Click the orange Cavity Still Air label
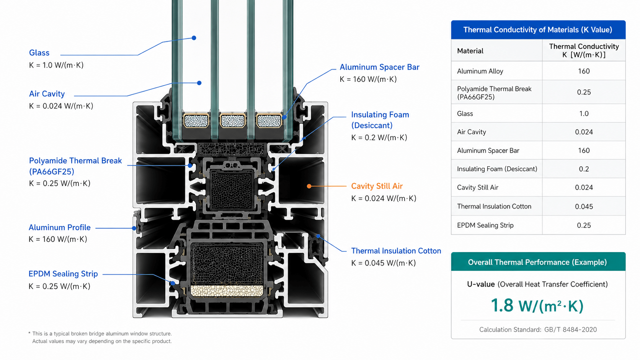(377, 186)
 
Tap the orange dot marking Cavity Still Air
(309, 186)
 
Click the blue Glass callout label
(39, 53)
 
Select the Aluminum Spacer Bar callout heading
(379, 67)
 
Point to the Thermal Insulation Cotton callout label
(396, 251)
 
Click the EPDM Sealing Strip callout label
(63, 274)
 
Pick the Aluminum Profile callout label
(59, 228)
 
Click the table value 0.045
(584, 207)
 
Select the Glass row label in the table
(465, 114)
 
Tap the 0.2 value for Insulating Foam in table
(584, 169)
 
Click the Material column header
(470, 51)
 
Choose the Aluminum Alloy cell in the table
(480, 71)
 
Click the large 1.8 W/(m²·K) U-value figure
(537, 306)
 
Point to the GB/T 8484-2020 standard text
(570, 330)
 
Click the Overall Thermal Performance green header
(538, 262)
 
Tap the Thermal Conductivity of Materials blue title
(538, 30)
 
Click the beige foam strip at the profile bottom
(227, 291)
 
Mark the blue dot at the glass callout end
(194, 38)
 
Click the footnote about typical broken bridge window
(100, 337)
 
